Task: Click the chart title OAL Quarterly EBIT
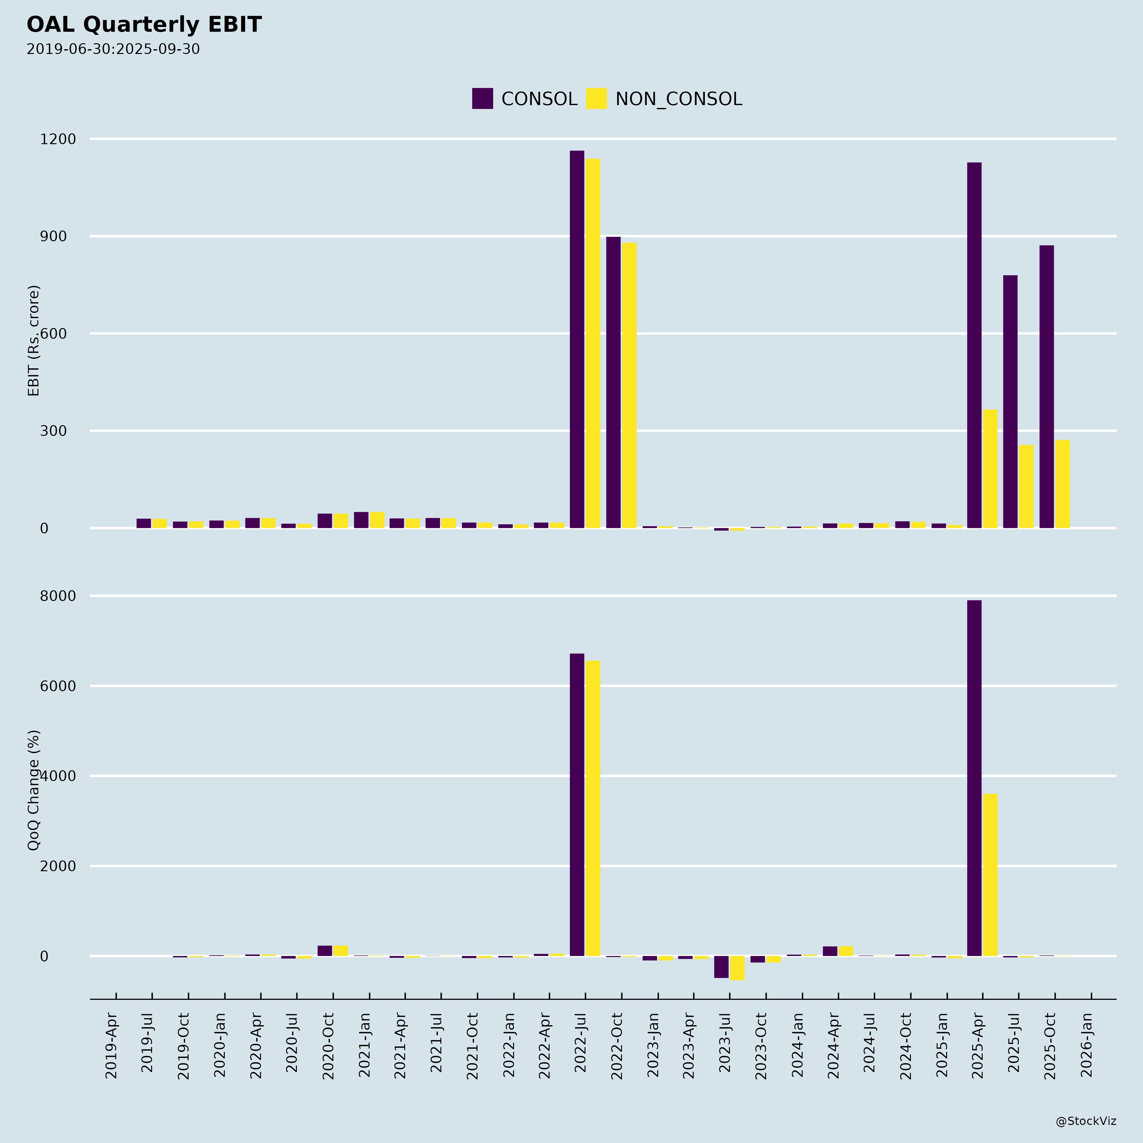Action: (144, 25)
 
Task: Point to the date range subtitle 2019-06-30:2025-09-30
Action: (113, 49)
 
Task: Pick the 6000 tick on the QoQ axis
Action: (58, 686)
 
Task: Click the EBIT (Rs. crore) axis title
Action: (34, 341)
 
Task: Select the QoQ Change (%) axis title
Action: (34, 790)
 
